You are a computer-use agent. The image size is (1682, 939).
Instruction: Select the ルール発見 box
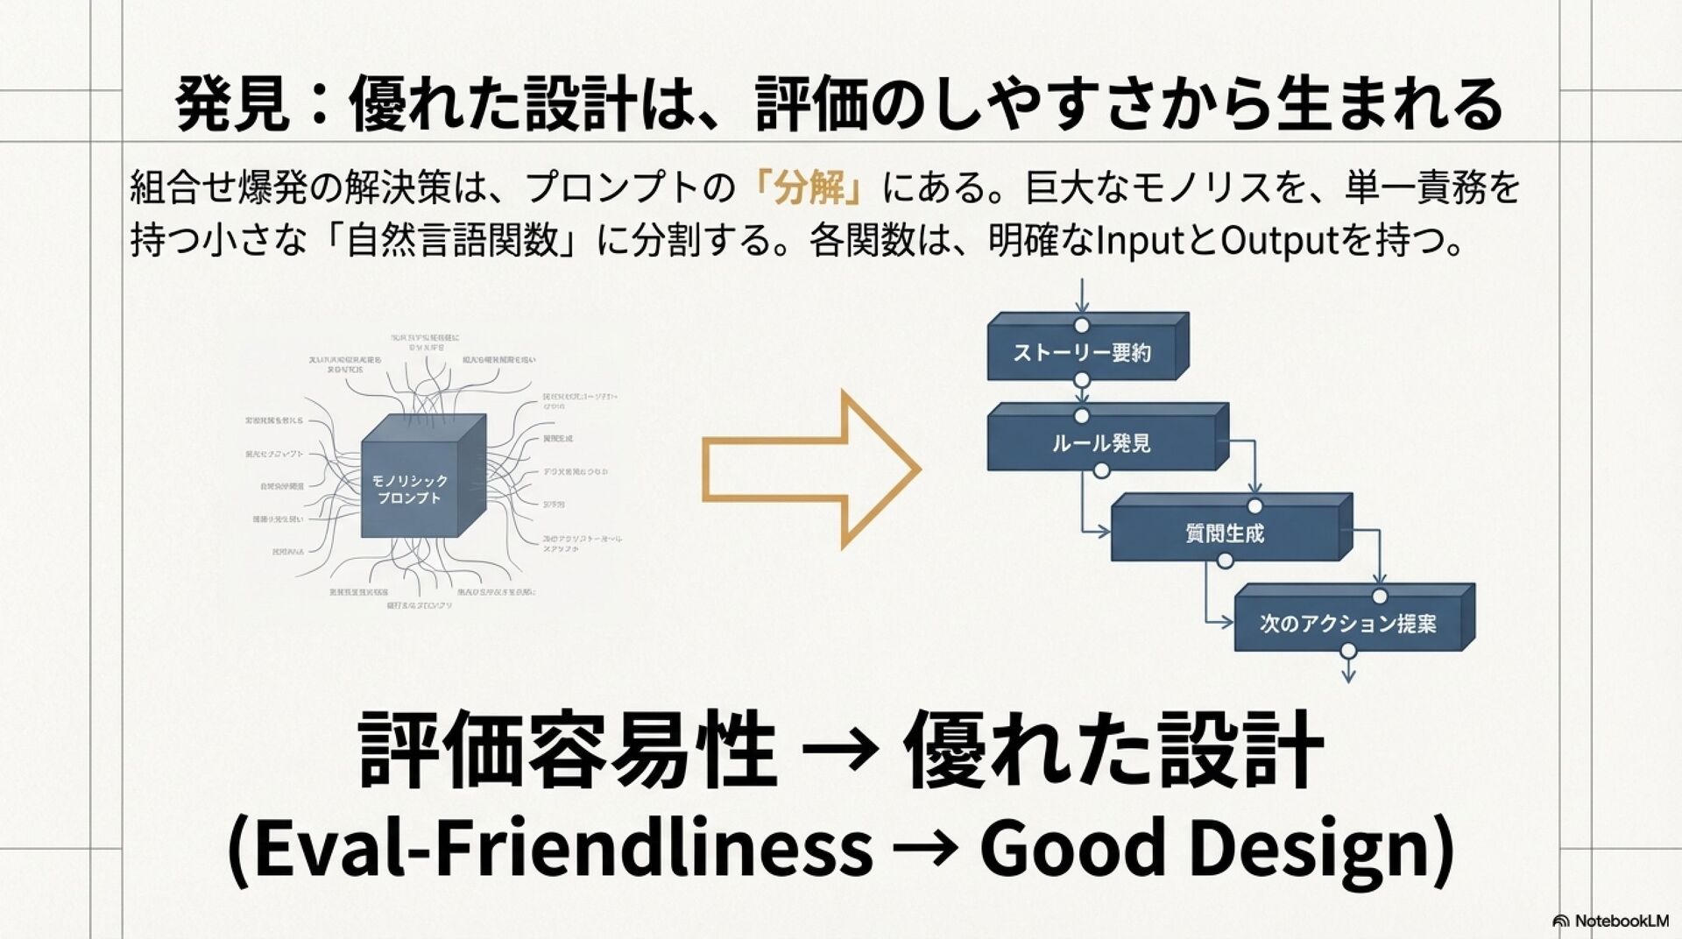1102,442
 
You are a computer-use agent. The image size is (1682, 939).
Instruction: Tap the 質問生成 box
1225,533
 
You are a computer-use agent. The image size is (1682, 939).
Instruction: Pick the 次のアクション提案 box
1348,623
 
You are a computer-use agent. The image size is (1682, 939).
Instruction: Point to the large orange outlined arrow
810,469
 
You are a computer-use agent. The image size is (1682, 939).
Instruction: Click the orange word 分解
810,187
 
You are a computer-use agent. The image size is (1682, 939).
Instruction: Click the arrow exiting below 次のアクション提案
1348,670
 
